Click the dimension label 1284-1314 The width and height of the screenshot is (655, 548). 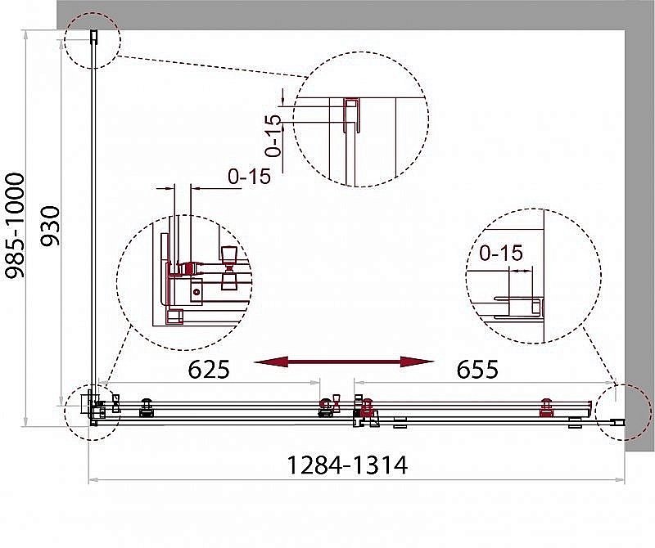[x=347, y=465]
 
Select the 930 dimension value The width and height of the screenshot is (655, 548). [x=50, y=226]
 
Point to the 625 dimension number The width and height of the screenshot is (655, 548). [x=209, y=369]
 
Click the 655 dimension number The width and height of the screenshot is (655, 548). [x=477, y=369]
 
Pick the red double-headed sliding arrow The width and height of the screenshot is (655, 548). [x=344, y=362]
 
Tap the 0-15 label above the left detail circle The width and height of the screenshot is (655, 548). [x=250, y=176]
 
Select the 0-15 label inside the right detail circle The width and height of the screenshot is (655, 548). [x=501, y=253]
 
